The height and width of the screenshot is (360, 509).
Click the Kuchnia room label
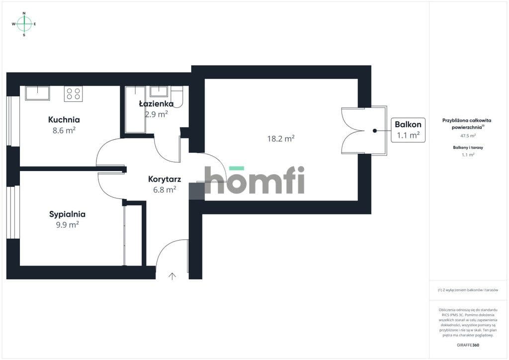[64, 119]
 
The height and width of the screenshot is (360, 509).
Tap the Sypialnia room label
[67, 214]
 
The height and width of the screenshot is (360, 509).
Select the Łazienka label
[156, 103]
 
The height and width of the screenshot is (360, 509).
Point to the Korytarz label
[165, 179]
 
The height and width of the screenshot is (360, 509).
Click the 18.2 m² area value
[281, 139]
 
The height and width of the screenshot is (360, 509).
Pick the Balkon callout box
[408, 130]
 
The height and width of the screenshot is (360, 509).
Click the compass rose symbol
[24, 24]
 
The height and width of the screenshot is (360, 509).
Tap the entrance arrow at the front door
[172, 276]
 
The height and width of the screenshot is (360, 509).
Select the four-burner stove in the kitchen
[74, 94]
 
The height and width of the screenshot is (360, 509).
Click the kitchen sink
[38, 93]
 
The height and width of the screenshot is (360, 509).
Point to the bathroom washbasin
[159, 91]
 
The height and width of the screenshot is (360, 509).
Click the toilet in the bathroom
[177, 96]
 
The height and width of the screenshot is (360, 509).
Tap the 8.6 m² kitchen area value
[64, 130]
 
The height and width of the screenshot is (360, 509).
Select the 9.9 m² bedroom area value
[67, 225]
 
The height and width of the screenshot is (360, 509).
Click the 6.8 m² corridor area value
[165, 189]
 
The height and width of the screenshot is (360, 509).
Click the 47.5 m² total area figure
[468, 136]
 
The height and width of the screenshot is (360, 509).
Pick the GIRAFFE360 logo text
[468, 345]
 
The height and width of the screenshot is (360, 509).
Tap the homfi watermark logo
[254, 180]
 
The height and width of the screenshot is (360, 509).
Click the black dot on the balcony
[375, 131]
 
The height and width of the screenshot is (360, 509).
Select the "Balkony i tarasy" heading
[468, 147]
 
